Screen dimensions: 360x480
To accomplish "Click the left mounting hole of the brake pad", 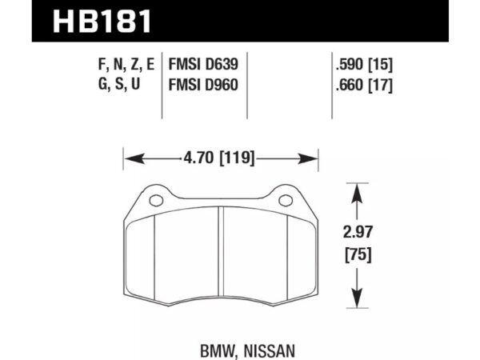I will pyautogui.click(x=155, y=200).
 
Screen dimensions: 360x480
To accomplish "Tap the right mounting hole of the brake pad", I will pyautogui.click(x=284, y=200).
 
